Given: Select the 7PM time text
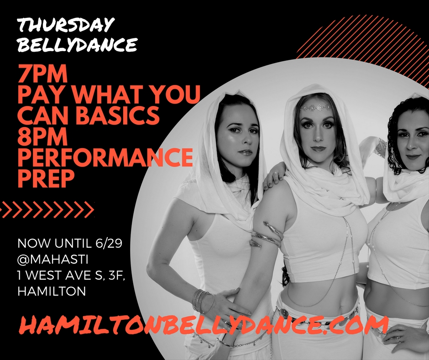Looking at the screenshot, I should [42, 74].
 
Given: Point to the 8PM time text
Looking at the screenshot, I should [42, 137].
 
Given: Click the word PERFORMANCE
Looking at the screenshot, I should [105, 158].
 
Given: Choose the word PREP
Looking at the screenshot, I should [45, 179].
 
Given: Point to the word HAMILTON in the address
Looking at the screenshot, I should [51, 291].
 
